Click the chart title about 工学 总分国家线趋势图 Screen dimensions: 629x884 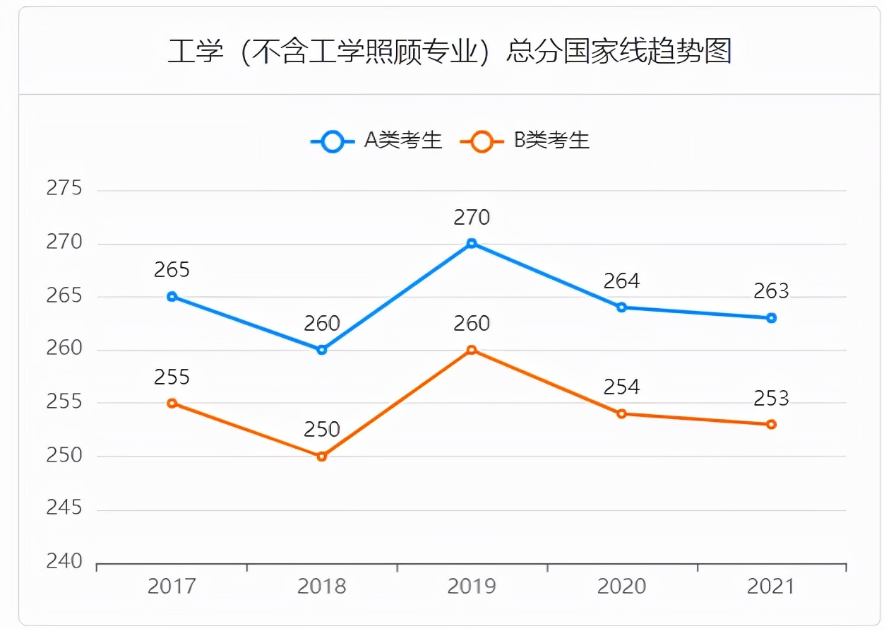pyautogui.click(x=449, y=52)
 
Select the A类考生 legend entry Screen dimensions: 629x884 pyautogui.click(x=376, y=141)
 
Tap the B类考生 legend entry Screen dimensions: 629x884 pyautogui.click(x=525, y=141)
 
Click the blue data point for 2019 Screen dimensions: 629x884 pyautogui.click(x=472, y=244)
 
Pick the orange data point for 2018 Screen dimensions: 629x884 pyautogui.click(x=322, y=457)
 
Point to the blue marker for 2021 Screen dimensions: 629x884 pyautogui.click(x=771, y=318)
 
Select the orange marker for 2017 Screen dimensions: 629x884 pyautogui.click(x=172, y=403)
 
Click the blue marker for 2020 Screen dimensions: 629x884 pyautogui.click(x=621, y=307)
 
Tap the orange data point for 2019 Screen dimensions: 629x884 pyautogui.click(x=472, y=350)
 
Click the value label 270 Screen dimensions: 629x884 pyautogui.click(x=472, y=218)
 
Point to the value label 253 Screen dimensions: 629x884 pyautogui.click(x=771, y=399)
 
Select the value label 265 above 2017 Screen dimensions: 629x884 pyautogui.click(x=172, y=270)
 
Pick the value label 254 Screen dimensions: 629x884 pyautogui.click(x=621, y=387)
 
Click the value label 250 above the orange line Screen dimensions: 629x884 pyautogui.click(x=322, y=430)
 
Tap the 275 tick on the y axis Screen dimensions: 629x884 pyautogui.click(x=64, y=189)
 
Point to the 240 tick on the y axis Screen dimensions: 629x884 pyautogui.click(x=64, y=562)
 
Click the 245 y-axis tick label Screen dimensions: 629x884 pyautogui.click(x=64, y=509)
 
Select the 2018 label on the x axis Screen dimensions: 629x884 pyautogui.click(x=322, y=587)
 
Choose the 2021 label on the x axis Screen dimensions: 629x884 pyautogui.click(x=771, y=587)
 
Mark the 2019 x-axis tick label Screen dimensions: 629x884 pyautogui.click(x=472, y=587)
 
